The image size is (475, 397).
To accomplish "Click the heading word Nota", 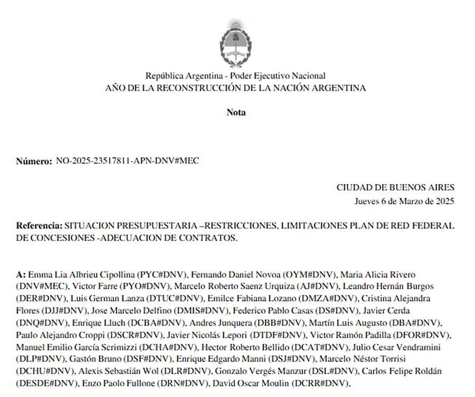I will pyautogui.click(x=236, y=112).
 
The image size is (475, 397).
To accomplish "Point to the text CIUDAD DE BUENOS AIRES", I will pyautogui.click(x=395, y=187).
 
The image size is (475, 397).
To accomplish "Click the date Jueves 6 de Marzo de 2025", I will pyautogui.click(x=404, y=201).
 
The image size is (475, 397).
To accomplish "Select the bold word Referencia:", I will pyautogui.click(x=39, y=225).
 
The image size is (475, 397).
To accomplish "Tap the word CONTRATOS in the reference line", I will pyautogui.click(x=208, y=238).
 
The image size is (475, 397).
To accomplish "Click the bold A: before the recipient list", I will pyautogui.click(x=21, y=275).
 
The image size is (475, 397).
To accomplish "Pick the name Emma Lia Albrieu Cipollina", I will pyautogui.click(x=82, y=275).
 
